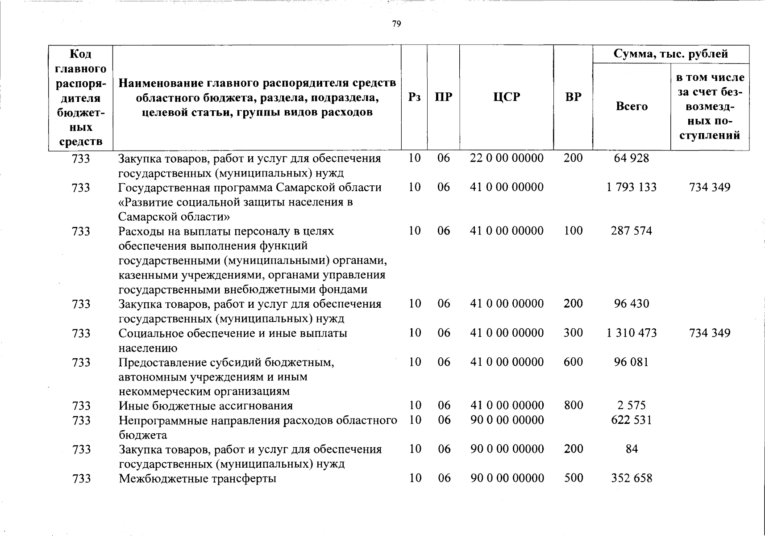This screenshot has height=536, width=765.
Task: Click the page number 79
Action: click(x=396, y=24)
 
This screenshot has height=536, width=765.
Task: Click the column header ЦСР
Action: click(x=507, y=97)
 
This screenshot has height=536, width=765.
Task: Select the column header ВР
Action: click(x=573, y=97)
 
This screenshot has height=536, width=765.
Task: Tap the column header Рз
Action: click(x=414, y=97)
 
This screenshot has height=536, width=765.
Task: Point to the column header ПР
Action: click(x=443, y=97)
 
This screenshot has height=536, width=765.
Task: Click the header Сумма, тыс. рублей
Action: click(x=670, y=54)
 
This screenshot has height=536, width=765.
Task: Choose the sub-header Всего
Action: click(x=631, y=106)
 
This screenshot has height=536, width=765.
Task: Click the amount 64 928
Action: click(x=631, y=158)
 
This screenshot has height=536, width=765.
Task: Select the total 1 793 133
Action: click(x=631, y=187)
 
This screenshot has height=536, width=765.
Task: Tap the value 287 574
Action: click(x=631, y=231)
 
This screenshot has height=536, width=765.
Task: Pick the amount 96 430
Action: click(x=631, y=304)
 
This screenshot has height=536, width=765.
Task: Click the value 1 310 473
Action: click(x=631, y=333)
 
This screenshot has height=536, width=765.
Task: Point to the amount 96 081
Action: click(x=631, y=362)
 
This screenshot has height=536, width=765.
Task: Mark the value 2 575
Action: click(x=631, y=406)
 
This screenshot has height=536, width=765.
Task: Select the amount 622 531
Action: click(x=631, y=420)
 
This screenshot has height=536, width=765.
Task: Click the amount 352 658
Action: click(x=631, y=478)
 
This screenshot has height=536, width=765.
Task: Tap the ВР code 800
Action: click(x=573, y=406)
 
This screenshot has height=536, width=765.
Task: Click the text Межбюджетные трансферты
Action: click(x=197, y=479)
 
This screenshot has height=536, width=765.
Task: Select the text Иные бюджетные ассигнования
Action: click(x=205, y=406)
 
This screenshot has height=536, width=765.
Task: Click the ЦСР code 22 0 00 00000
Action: click(x=507, y=158)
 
